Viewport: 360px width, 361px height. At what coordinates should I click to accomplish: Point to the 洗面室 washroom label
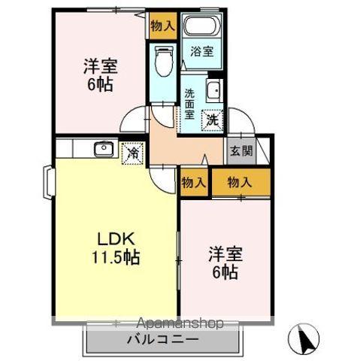click(x=190, y=105)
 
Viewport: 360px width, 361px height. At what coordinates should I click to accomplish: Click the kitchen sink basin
click(x=103, y=148)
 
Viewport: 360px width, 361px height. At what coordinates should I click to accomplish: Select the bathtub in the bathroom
click(x=201, y=26)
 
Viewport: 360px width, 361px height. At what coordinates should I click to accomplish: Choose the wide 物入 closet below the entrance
click(x=240, y=182)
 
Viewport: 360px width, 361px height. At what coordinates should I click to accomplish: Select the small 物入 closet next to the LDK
click(x=193, y=182)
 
